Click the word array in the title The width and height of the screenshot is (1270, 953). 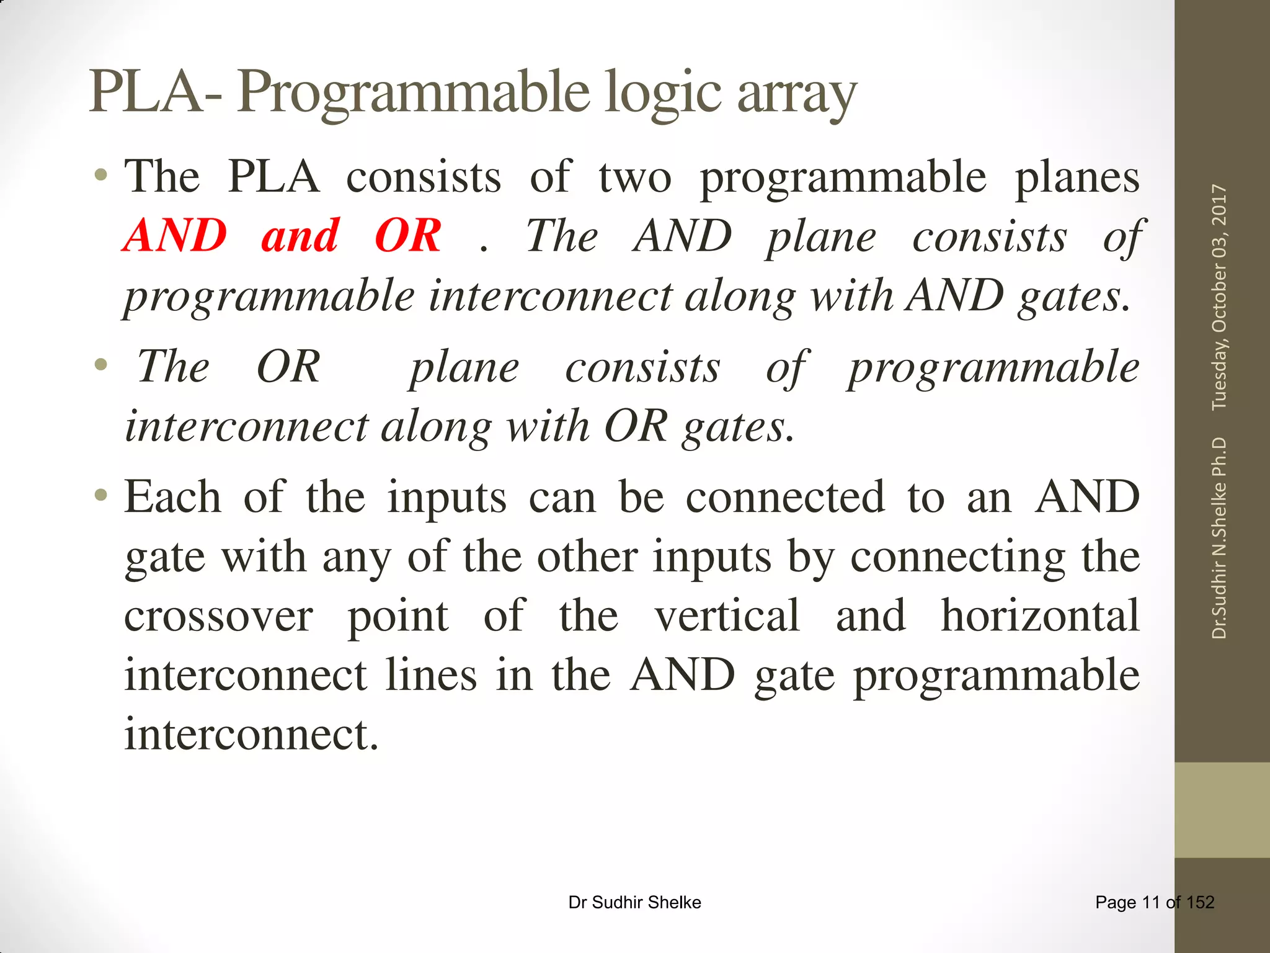797,94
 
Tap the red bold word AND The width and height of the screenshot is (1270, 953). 175,236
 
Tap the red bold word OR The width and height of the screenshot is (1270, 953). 408,236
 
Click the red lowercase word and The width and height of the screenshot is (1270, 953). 300,236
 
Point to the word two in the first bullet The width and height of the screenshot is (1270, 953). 634,177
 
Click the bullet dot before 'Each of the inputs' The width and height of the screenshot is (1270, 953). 101,495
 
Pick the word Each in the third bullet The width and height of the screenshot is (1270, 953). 172,497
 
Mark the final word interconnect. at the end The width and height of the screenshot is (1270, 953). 251,735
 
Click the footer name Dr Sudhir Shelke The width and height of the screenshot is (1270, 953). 634,902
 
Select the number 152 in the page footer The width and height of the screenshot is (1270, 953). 1200,902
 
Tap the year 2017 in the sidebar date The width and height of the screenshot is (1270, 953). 1219,205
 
